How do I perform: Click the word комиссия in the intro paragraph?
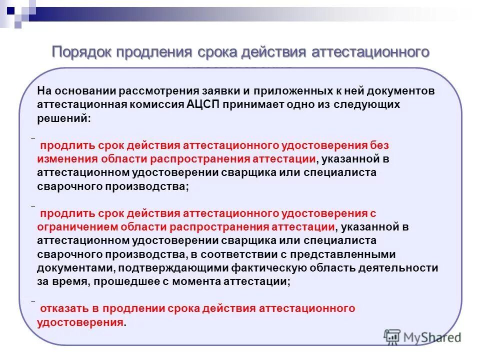(x=152, y=105)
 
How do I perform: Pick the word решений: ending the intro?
(x=64, y=118)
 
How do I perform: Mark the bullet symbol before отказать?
(x=32, y=302)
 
